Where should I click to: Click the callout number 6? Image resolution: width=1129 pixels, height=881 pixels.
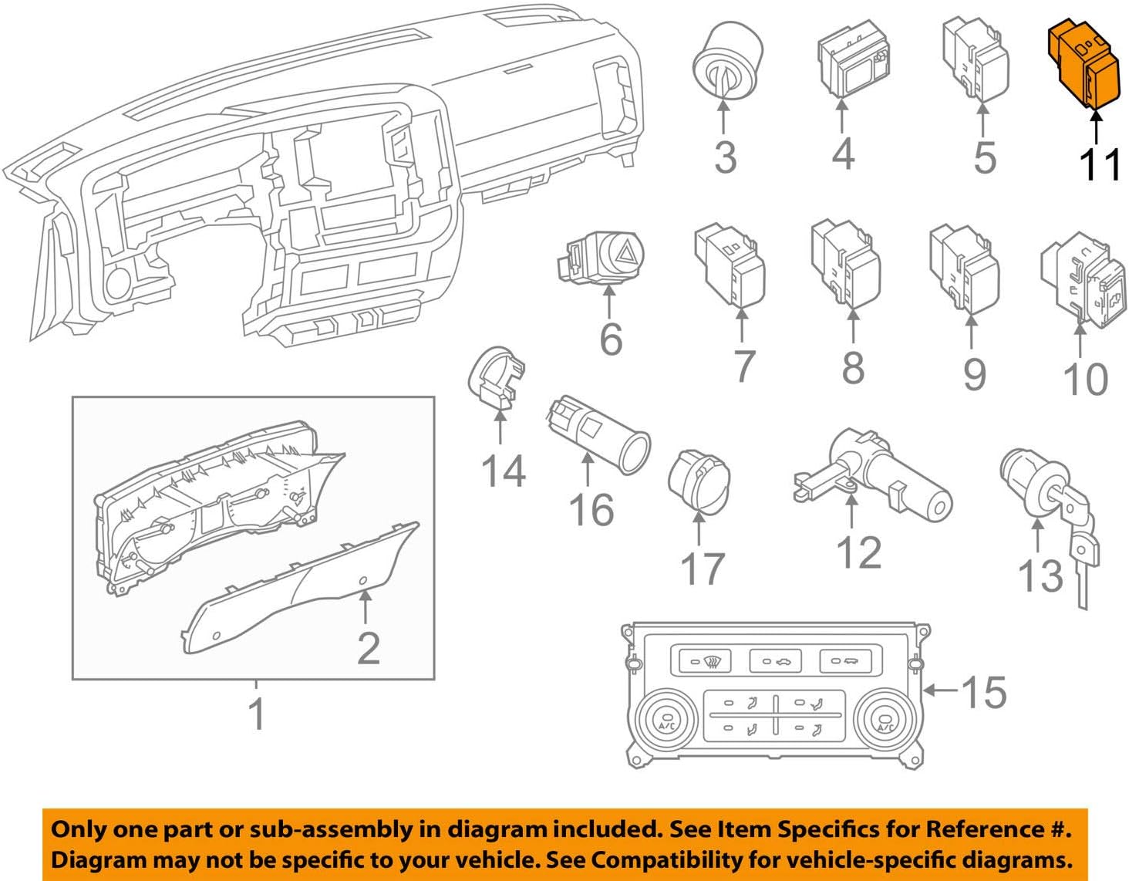611,339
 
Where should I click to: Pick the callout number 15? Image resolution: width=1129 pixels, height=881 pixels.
983,691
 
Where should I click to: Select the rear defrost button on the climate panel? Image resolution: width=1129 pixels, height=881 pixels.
705,661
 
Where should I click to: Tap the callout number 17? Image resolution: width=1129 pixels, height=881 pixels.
703,569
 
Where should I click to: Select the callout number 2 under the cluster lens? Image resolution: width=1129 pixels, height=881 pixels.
369,648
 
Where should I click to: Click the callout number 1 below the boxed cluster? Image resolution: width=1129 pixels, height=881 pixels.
257,714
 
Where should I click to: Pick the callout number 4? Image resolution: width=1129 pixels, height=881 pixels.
843,154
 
